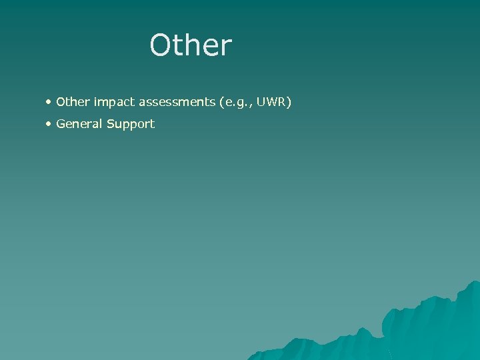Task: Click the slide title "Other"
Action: point(191,45)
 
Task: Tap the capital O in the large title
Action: point(162,46)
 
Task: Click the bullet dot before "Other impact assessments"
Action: point(49,102)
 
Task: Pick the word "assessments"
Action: point(174,102)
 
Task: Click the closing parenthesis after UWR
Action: point(289,103)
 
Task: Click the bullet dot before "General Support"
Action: point(49,123)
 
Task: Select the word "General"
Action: point(79,123)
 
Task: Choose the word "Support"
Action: point(129,124)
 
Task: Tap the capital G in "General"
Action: point(61,123)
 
